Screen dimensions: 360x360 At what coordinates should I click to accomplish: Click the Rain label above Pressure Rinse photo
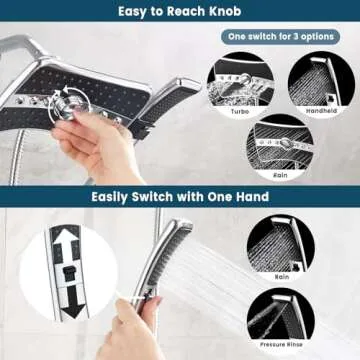pyautogui.click(x=283, y=276)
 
